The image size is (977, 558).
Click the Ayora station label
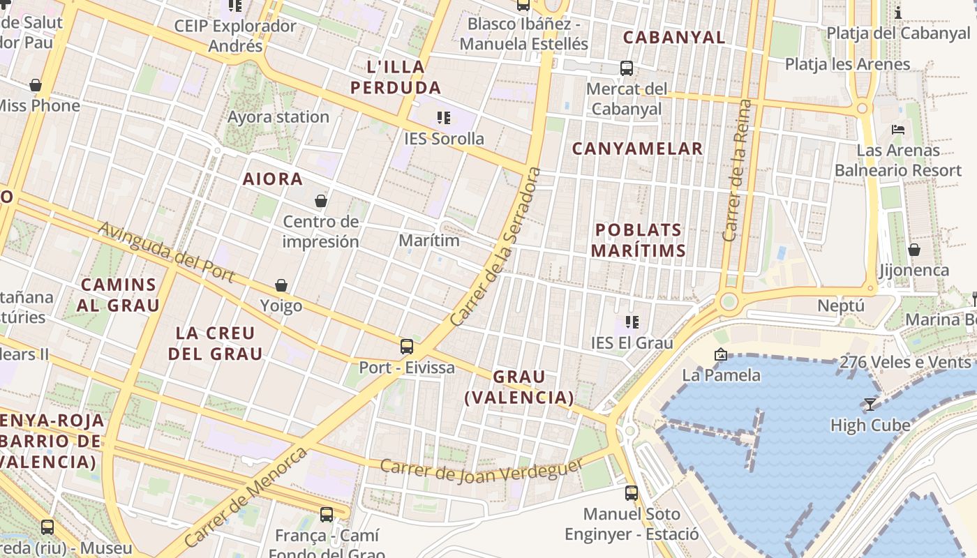pyautogui.click(x=278, y=116)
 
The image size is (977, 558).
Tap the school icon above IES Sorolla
pyautogui.click(x=444, y=117)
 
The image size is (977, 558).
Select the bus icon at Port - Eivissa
pyautogui.click(x=406, y=346)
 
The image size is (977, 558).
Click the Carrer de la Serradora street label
pyautogui.click(x=496, y=247)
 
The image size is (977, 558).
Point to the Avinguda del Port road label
pyautogui.click(x=166, y=252)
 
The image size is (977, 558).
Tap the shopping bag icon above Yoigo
pyautogui.click(x=281, y=285)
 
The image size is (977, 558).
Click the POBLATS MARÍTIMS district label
pyautogui.click(x=638, y=240)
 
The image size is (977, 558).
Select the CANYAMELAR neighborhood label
pyautogui.click(x=637, y=149)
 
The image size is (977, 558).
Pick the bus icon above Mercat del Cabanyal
pyautogui.click(x=627, y=68)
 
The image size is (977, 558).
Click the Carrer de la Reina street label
pyautogui.click(x=738, y=170)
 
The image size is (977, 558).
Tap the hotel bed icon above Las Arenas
pyautogui.click(x=898, y=130)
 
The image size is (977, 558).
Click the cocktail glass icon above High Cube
pyautogui.click(x=870, y=405)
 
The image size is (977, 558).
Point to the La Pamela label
pyautogui.click(x=722, y=375)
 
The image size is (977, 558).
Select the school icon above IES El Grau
pyautogui.click(x=632, y=322)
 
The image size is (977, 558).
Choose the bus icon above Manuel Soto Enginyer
pyautogui.click(x=632, y=492)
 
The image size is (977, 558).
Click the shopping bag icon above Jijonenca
pyautogui.click(x=913, y=250)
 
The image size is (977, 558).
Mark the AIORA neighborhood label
pyautogui.click(x=273, y=179)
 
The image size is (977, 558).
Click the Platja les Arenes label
pyautogui.click(x=847, y=64)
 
